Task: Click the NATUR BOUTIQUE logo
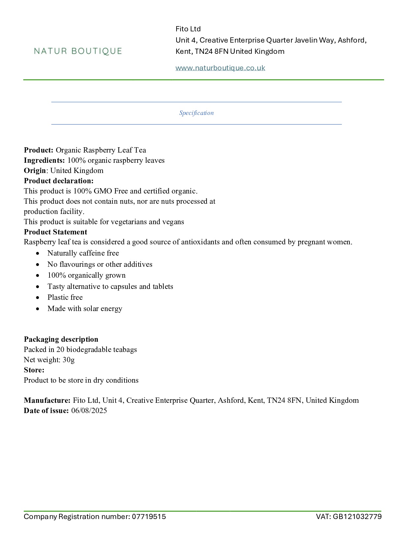pos(78,51)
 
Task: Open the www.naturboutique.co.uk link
pos(220,68)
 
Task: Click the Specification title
pos(196,113)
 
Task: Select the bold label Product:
pos(38,150)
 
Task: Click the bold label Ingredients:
pos(44,160)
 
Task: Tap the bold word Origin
pos(35,171)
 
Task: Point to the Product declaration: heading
pos(59,181)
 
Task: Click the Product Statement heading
pos(55,232)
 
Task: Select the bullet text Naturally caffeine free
pos(83,253)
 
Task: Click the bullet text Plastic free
pos(65,297)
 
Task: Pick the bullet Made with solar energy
pos(85,309)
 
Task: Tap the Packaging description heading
pos(61,339)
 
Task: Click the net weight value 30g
pos(69,360)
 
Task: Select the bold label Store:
pos(34,370)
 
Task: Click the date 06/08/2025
pos(89,411)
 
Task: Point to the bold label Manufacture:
pos(47,400)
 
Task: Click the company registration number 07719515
pos(149,517)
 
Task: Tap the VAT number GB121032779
pos(357,517)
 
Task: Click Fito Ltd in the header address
pos(188,29)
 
